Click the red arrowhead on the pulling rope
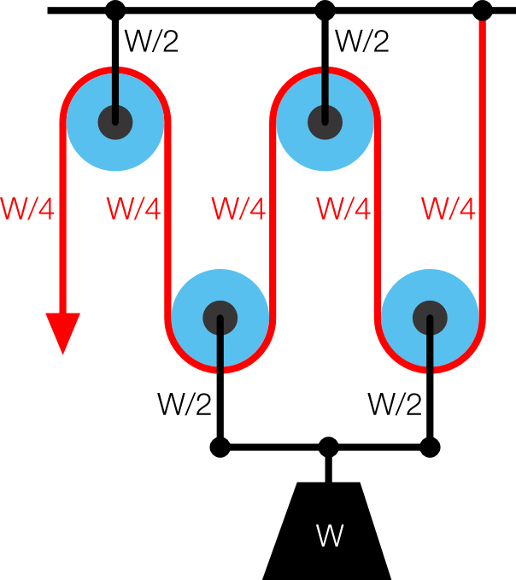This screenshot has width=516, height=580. coord(62,331)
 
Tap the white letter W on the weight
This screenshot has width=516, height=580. coord(329,536)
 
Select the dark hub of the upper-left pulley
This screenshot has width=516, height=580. coord(114,120)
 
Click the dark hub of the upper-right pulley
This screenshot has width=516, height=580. coord(325,120)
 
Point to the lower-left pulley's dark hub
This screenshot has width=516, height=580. coord(220,318)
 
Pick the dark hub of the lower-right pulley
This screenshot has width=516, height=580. coord(430,318)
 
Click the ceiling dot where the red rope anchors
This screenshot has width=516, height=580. coord(483,11)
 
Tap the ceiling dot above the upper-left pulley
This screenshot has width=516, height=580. coord(114,11)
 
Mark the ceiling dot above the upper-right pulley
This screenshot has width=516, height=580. coord(325,11)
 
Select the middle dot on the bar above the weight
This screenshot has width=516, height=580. coord(328,447)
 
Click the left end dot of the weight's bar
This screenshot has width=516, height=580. coord(220,447)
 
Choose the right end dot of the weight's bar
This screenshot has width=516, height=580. coord(430,447)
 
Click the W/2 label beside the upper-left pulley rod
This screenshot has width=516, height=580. coord(152,41)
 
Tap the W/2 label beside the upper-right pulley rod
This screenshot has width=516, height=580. coord(362,41)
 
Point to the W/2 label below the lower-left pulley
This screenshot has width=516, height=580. coord(185,403)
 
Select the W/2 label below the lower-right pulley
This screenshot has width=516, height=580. coord(395,403)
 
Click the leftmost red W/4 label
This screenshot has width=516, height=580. coord(27,208)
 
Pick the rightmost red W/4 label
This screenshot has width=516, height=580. coord(449,208)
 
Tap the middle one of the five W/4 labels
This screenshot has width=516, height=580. coord(238,208)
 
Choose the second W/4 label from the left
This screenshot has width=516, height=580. coord(133,208)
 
